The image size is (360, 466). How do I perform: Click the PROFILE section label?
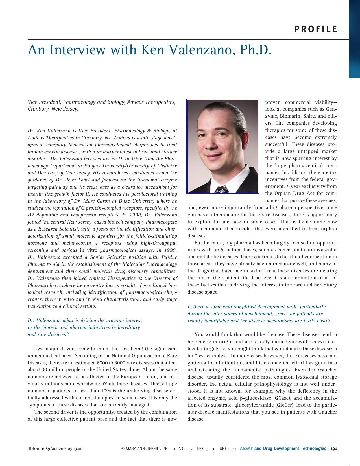[x=316, y=29]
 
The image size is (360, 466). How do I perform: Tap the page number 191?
[x=334, y=448]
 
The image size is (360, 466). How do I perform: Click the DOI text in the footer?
[x=54, y=449]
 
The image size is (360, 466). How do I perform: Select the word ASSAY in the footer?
[x=246, y=448]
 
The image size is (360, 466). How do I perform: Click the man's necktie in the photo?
[x=222, y=189]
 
